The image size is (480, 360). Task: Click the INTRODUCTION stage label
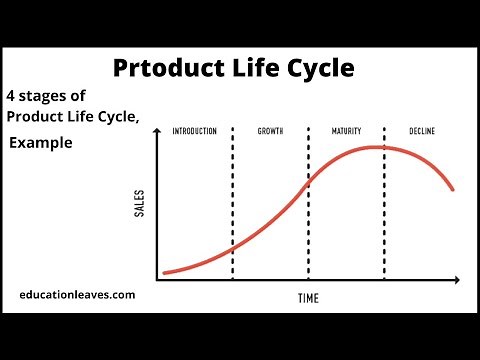(194, 132)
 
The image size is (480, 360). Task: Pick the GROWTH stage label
(269, 132)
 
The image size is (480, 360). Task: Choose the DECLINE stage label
(423, 132)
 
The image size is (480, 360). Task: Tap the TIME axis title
(310, 298)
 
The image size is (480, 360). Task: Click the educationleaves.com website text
(77, 295)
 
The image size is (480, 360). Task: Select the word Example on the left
(41, 143)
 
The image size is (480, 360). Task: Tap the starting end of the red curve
(165, 272)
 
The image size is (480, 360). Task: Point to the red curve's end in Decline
(454, 189)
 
